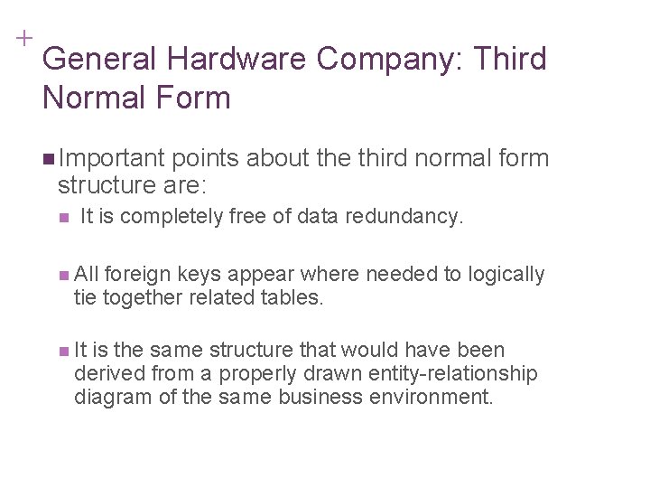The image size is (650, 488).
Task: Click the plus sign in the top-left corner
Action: (x=22, y=39)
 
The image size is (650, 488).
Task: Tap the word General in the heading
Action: (x=100, y=60)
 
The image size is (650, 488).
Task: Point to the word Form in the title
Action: (x=195, y=96)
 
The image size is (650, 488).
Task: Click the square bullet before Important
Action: (x=47, y=159)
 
